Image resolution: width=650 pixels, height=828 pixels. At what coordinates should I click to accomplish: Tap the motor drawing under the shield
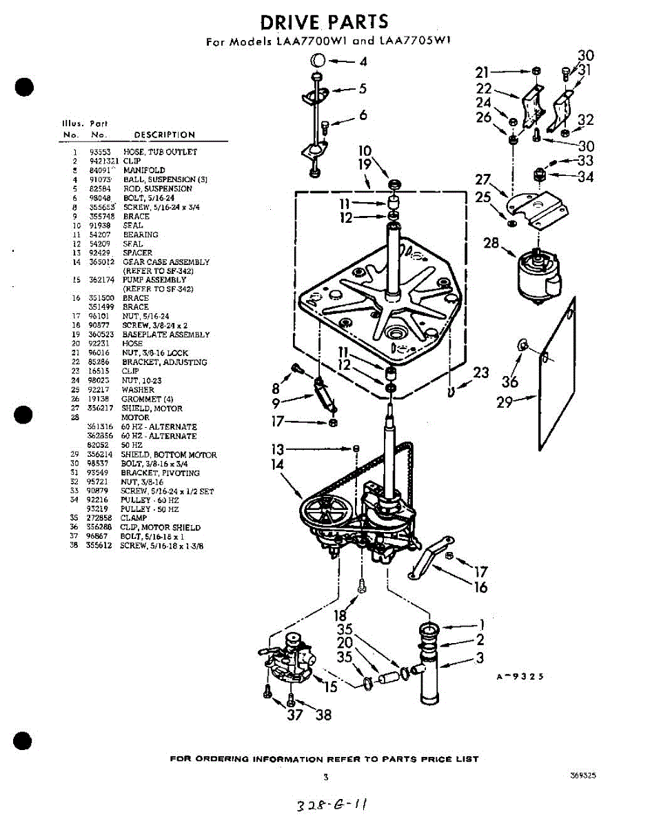(x=540, y=274)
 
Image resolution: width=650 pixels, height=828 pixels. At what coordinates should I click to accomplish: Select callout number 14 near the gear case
(x=278, y=465)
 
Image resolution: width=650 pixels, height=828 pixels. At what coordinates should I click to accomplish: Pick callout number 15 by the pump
(x=330, y=687)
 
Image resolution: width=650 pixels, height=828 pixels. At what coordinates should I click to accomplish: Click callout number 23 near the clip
(x=481, y=373)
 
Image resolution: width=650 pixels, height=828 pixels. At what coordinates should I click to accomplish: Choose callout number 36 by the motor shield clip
(x=509, y=382)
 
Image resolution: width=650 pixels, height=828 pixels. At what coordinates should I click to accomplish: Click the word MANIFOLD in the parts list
(x=144, y=170)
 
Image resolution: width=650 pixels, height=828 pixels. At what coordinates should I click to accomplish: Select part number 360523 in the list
(x=100, y=335)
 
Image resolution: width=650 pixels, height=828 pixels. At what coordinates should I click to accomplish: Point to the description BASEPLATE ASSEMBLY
(x=166, y=335)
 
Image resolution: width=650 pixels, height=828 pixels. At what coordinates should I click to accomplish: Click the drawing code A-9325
(x=520, y=677)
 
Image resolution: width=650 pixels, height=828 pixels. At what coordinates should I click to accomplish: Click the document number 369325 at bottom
(x=583, y=776)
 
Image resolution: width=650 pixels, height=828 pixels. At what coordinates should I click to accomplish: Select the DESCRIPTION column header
(x=164, y=135)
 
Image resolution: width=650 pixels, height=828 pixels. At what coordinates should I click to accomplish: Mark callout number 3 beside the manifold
(x=480, y=658)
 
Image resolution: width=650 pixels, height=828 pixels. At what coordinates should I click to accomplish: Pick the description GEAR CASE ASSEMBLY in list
(x=165, y=262)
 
